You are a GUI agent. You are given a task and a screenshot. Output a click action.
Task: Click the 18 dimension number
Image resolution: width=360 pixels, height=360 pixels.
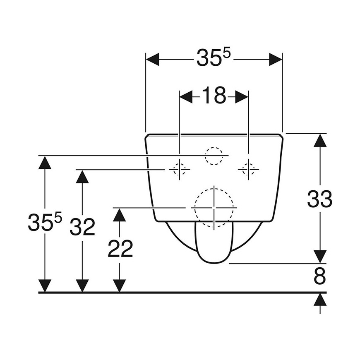(214, 95)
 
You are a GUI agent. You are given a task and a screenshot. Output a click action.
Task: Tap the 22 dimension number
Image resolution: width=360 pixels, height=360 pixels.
(120, 248)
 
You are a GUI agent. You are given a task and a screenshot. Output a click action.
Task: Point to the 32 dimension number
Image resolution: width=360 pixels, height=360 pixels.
(82, 227)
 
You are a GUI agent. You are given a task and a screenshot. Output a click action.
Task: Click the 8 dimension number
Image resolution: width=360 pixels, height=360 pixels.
(320, 276)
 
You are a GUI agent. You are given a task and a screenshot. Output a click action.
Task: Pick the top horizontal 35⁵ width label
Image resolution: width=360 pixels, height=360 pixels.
(213, 58)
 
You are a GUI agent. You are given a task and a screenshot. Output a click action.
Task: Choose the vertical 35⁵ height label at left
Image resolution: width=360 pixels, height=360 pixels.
(45, 221)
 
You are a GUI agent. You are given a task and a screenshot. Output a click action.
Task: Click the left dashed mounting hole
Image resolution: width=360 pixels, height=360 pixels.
(179, 169)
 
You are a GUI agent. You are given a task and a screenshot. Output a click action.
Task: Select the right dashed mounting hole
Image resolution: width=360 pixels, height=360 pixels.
(248, 169)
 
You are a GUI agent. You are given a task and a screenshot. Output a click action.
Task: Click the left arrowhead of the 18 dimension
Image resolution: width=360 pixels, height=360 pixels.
(186, 97)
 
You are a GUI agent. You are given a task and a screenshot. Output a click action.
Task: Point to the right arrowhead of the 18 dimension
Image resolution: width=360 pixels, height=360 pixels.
(242, 97)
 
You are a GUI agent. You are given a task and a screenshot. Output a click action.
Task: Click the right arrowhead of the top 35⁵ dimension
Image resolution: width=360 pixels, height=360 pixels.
(276, 60)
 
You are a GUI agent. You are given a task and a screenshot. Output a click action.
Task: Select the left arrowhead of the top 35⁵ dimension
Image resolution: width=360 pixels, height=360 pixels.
(152, 60)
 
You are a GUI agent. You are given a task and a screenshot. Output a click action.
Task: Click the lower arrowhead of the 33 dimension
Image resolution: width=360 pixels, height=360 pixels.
(320, 257)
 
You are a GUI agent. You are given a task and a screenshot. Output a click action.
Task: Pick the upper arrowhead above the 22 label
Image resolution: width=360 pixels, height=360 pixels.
(120, 215)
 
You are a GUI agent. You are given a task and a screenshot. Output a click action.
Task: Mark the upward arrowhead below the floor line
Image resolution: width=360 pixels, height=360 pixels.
(320, 300)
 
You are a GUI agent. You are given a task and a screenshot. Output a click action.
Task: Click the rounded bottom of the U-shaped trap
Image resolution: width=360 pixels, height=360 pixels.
(214, 262)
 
